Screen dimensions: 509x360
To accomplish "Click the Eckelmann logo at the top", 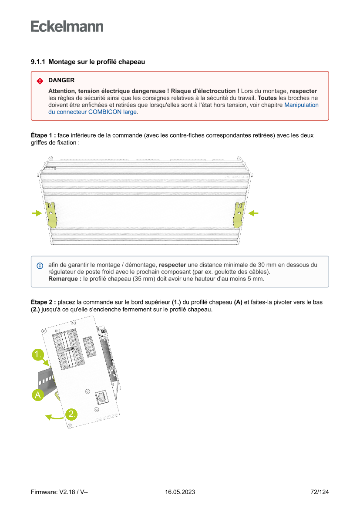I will pos(67,27).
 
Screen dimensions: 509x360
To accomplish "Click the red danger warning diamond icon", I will pos(40,81).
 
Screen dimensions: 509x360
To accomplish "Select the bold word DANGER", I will pos(61,81).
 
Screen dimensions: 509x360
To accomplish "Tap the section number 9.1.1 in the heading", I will pos(38,62).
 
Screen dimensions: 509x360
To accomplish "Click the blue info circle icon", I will pos(40,265).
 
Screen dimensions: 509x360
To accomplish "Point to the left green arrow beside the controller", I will pos(37,213).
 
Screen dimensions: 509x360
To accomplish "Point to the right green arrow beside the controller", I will pos(253,213).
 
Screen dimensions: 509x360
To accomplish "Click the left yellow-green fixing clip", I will pos(51,215).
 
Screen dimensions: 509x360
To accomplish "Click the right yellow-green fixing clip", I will pos(239,215).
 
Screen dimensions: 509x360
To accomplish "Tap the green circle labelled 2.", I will pos(72,414).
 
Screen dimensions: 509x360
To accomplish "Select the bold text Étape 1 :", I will pos(43,135).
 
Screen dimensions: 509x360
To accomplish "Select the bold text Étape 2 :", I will pos(43,302).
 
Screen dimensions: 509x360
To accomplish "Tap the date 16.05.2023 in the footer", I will pos(180,492).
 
